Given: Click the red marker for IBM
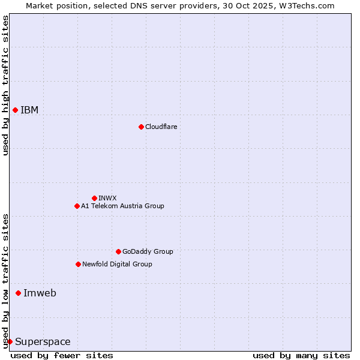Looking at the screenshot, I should [15, 110].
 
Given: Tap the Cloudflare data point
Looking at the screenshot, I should [141, 127].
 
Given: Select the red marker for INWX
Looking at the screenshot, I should [94, 198].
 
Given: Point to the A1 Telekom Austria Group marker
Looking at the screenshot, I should [77, 206].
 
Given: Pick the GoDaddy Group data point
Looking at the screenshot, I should [118, 251].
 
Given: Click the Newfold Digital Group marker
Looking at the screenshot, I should [78, 264].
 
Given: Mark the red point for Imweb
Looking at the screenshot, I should [18, 293].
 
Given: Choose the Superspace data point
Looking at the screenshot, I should [10, 341].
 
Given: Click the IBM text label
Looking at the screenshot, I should [29, 110].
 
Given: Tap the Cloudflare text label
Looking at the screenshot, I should [161, 127].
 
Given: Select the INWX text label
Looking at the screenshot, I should [107, 198].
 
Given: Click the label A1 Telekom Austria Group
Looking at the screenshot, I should [122, 206].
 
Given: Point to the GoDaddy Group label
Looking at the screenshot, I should [148, 251].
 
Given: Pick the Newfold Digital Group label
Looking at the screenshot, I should [117, 264].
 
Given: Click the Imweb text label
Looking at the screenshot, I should [40, 293].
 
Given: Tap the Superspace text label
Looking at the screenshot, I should [43, 341].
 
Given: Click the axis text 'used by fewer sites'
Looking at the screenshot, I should [62, 355].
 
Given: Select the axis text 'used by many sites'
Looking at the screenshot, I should [301, 355].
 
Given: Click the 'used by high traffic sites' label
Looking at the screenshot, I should [5, 85].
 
